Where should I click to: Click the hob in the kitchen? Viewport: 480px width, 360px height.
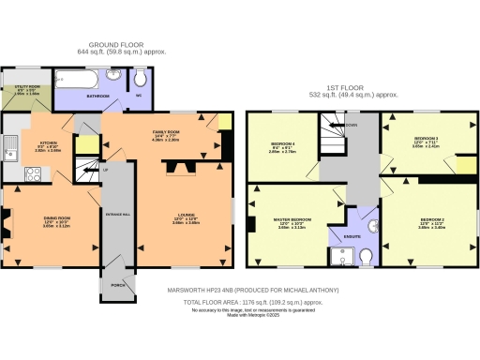[x=30, y=173]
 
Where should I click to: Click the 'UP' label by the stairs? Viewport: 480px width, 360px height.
[x=106, y=170]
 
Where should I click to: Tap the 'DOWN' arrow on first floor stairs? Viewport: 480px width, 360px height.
[x=351, y=123]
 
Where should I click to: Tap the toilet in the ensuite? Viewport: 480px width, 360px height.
[x=367, y=255]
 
